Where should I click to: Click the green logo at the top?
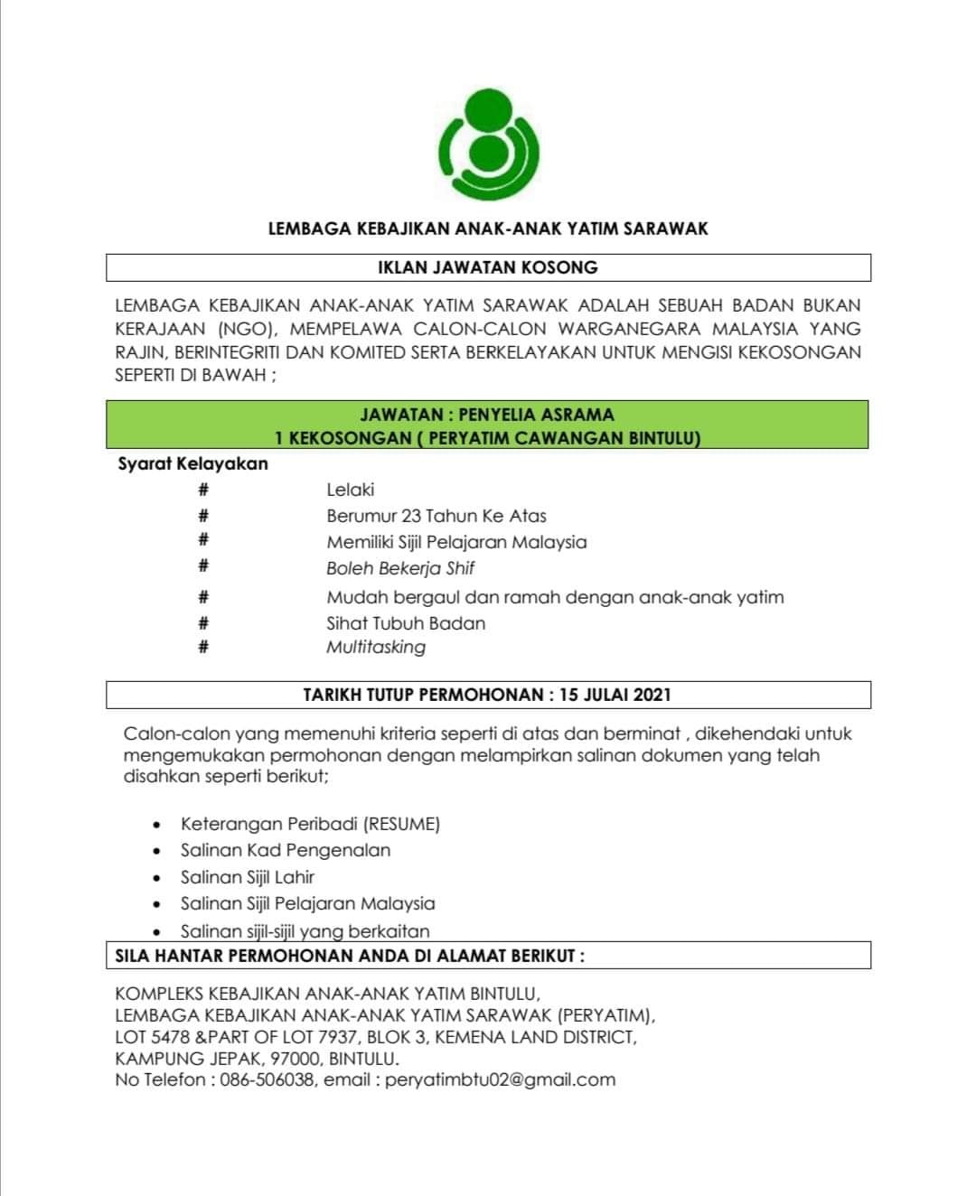489,145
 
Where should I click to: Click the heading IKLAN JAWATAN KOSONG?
488,267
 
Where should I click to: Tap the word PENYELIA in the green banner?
498,415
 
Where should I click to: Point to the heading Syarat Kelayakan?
193,463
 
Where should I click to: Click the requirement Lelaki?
351,490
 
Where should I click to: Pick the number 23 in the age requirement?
411,516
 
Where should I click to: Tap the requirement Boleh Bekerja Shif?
400,568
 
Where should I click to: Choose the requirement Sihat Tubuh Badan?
406,623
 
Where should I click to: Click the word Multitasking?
376,647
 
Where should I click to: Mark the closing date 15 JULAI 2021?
615,695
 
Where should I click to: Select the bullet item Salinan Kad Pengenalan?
286,850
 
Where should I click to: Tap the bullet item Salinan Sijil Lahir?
248,876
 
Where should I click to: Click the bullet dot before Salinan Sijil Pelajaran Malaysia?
158,904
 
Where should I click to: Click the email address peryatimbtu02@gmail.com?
500,1079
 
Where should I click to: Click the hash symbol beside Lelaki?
204,490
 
